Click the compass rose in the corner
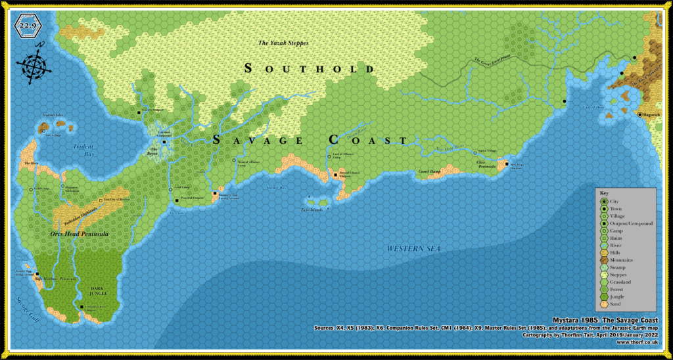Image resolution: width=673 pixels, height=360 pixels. (x=30, y=63)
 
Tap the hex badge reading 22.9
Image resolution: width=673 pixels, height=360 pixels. (x=29, y=26)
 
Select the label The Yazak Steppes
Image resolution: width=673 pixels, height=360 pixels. (x=283, y=43)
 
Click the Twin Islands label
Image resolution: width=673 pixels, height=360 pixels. (x=313, y=209)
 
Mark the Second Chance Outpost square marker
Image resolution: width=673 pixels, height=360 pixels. (x=335, y=175)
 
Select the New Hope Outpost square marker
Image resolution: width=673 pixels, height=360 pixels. (x=507, y=164)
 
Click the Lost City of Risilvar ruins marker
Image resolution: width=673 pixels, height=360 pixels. (x=99, y=197)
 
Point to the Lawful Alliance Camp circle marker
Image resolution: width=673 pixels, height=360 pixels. (x=328, y=156)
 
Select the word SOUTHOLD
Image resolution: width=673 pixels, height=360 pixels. (x=309, y=68)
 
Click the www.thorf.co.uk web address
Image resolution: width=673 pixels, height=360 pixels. (x=638, y=342)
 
